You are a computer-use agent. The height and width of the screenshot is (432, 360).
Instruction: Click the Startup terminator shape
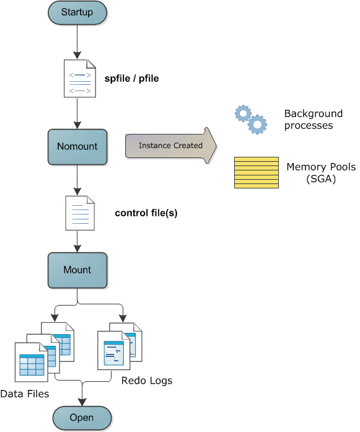pyautogui.click(x=77, y=12)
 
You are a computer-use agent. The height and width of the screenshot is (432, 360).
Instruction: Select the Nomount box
pyautogui.click(x=77, y=147)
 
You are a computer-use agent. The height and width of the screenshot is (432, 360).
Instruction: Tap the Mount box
pyautogui.click(x=77, y=270)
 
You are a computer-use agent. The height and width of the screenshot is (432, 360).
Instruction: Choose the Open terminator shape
pyautogui.click(x=82, y=418)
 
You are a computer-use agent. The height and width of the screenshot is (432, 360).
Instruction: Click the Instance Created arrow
pyautogui.click(x=171, y=146)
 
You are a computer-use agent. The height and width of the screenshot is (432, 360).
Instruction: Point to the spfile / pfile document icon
pyautogui.click(x=80, y=79)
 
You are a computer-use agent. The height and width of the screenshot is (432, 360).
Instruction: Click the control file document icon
pyautogui.click(x=80, y=213)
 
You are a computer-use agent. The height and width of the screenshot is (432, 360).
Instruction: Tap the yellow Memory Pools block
pyautogui.click(x=257, y=172)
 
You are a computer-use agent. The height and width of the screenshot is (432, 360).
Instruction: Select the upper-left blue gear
pyautogui.click(x=244, y=113)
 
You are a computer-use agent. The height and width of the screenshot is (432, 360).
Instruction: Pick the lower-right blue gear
pyautogui.click(x=257, y=124)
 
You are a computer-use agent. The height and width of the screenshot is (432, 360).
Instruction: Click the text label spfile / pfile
pyautogui.click(x=131, y=79)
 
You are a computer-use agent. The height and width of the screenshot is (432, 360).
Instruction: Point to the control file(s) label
pyautogui.click(x=146, y=213)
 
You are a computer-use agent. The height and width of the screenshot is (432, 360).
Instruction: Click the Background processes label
pyautogui.click(x=314, y=119)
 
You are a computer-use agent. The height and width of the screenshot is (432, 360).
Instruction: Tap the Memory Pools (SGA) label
pyautogui.click(x=321, y=173)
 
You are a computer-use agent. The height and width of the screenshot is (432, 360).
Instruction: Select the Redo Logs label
pyautogui.click(x=147, y=381)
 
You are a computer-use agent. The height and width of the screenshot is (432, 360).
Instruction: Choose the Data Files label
pyautogui.click(x=25, y=394)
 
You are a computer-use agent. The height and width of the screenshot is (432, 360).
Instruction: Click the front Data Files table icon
pyautogui.click(x=32, y=363)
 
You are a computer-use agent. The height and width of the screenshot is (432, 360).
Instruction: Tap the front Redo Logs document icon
pyautogui.click(x=114, y=350)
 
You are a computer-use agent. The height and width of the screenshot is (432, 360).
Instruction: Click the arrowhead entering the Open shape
pyautogui.click(x=82, y=402)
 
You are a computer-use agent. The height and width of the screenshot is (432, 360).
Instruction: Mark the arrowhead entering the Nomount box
pyautogui.click(x=77, y=125)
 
